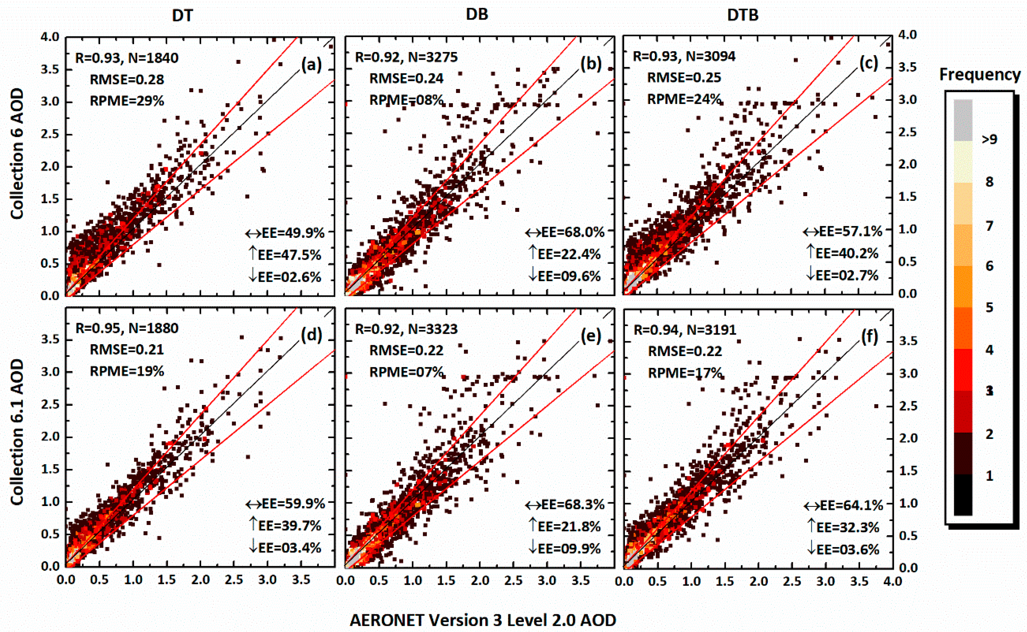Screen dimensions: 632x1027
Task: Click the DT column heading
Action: pos(182,16)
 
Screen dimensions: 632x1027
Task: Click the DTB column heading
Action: pos(743,15)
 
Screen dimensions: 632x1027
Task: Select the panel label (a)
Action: pos(311,65)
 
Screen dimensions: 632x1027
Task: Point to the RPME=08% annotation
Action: pos(406,100)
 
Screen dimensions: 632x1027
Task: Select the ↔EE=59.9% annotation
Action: pos(285,504)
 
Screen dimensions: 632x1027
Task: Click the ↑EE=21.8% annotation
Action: pos(564,526)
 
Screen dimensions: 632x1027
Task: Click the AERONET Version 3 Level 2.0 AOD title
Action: pos(483,620)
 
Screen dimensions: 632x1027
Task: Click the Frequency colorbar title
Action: pos(980,74)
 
